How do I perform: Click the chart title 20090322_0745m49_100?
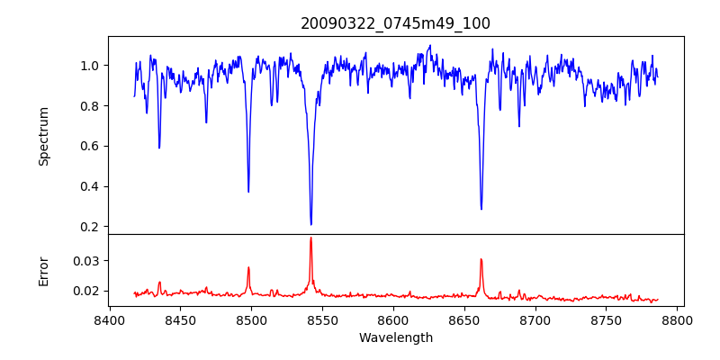(395, 23)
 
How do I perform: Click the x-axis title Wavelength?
(395, 338)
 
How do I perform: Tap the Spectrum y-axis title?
(44, 136)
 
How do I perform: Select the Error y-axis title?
(44, 270)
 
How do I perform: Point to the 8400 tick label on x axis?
(109, 319)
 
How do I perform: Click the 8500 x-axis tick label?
(251, 319)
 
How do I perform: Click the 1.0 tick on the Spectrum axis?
(90, 66)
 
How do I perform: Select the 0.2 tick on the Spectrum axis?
(90, 227)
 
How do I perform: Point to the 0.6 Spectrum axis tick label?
(90, 146)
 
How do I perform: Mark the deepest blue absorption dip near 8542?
(310, 224)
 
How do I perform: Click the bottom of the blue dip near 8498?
(248, 192)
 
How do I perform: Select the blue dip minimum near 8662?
(481, 209)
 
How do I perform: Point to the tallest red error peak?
(310, 238)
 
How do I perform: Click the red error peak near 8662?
(481, 259)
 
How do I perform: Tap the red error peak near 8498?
(248, 267)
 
